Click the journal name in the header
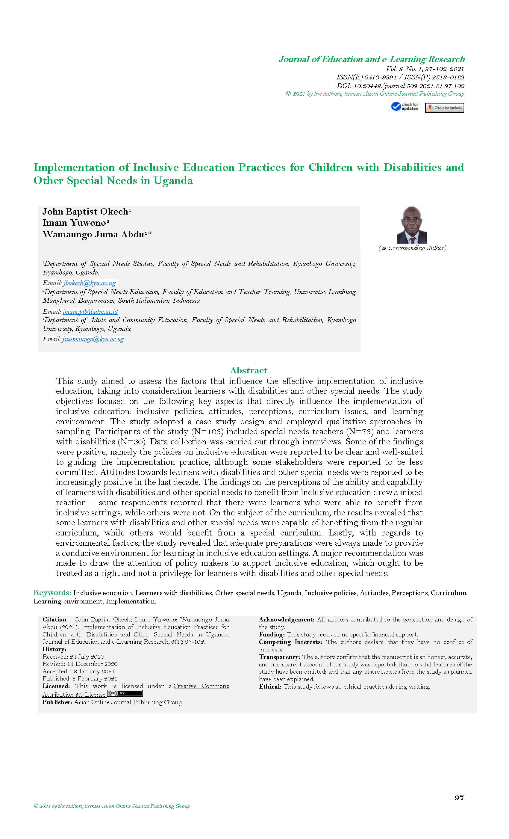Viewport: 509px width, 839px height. coord(372,59)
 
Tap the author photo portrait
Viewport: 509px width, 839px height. coord(412,225)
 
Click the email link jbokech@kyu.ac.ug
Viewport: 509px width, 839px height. coord(90,283)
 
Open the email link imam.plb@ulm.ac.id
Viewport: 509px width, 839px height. coord(90,311)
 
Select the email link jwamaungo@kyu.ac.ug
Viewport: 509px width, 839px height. coord(93,339)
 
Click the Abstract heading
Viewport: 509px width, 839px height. coord(249,370)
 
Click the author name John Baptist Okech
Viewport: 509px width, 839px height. coord(85,212)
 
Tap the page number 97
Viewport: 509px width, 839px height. coord(459,797)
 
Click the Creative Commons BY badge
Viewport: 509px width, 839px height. coord(125,693)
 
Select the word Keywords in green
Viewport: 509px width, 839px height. coord(52,592)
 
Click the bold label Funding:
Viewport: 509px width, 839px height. coord(272,634)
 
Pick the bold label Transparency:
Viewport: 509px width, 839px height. coord(279,657)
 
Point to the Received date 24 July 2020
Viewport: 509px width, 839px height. coord(73,657)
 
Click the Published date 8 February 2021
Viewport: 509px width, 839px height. coord(80,679)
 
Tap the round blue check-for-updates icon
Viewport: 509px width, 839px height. coord(396,107)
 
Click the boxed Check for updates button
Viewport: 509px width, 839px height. coord(444,108)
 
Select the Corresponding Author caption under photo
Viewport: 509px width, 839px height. coord(412,248)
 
